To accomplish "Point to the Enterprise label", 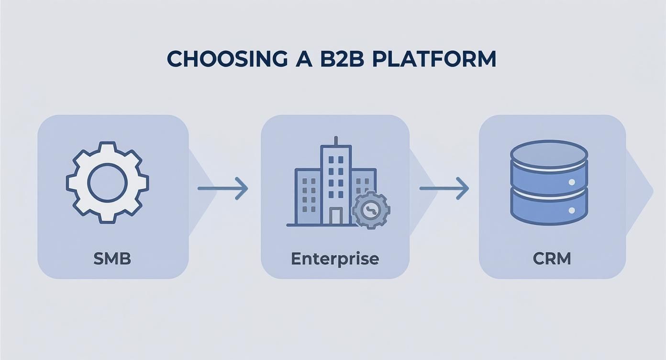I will (x=335, y=259).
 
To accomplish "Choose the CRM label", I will (x=552, y=259).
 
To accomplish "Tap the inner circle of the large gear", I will (x=108, y=182).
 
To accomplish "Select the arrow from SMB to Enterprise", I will (x=223, y=188).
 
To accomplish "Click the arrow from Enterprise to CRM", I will (x=444, y=188).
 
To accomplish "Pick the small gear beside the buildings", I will (x=371, y=209).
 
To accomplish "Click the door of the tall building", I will (x=336, y=216).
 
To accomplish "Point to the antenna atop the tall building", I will (x=335, y=141).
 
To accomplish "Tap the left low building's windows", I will (x=309, y=191).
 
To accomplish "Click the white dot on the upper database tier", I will (x=571, y=182).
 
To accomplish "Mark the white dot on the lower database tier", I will (x=571, y=210).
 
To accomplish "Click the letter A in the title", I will (x=295, y=58).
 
